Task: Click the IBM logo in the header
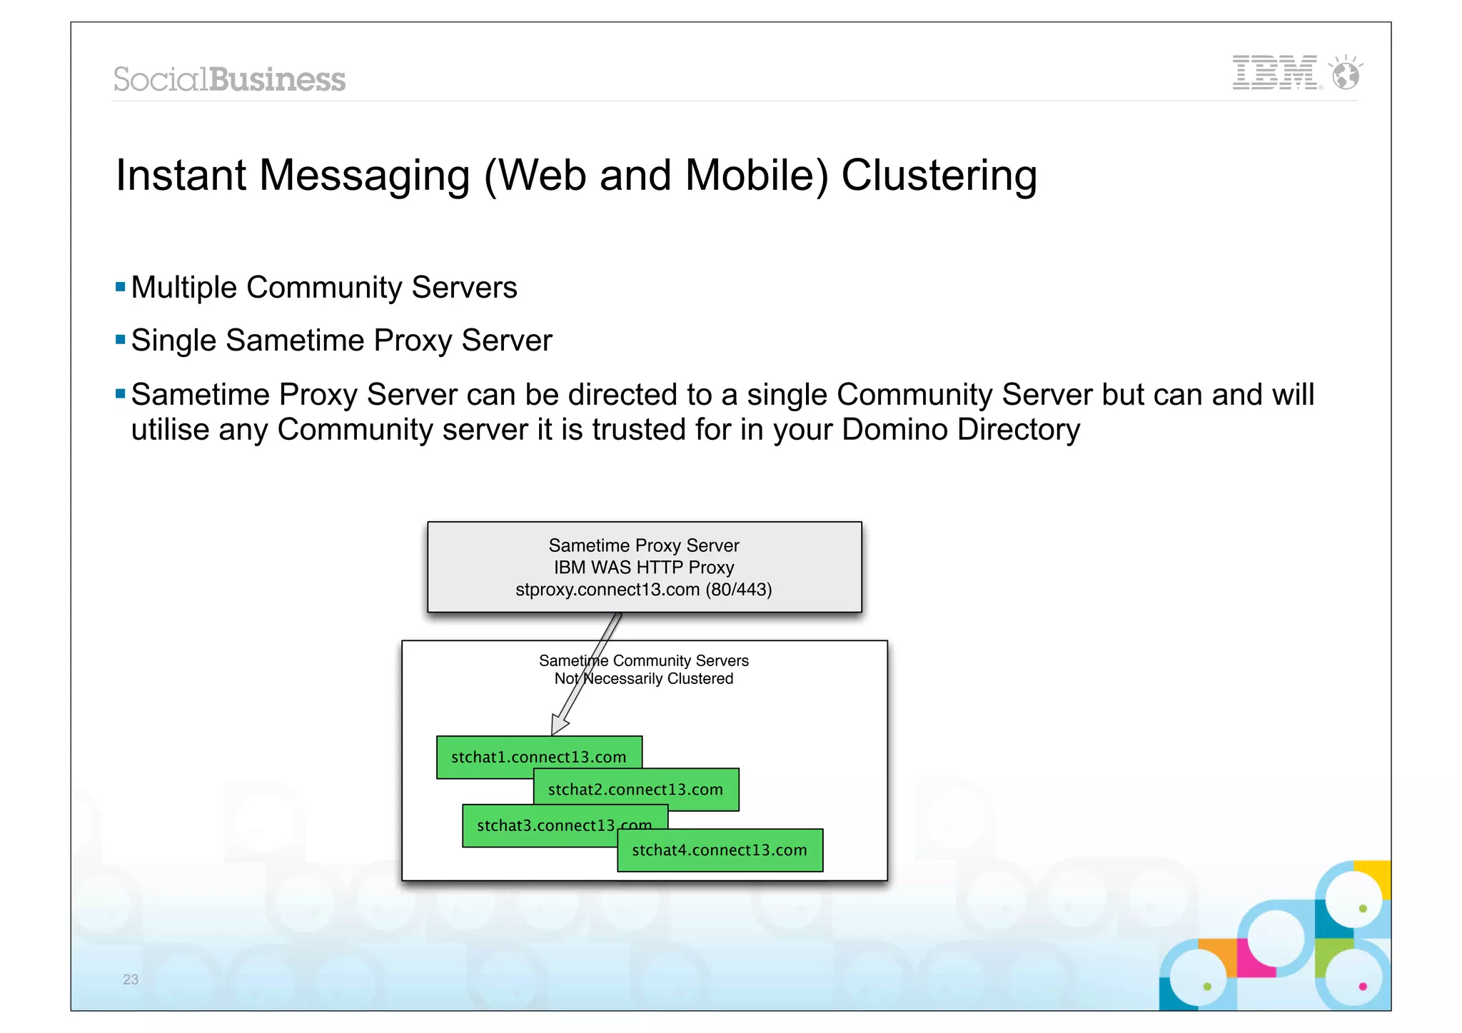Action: (x=1275, y=72)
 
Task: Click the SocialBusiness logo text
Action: (x=229, y=79)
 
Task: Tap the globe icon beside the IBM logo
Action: (x=1346, y=74)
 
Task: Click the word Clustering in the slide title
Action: (x=939, y=176)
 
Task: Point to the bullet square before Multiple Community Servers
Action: (x=120, y=288)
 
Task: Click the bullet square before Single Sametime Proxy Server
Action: (x=120, y=340)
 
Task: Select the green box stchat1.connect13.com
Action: (x=485, y=757)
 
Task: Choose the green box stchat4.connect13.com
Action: (x=720, y=850)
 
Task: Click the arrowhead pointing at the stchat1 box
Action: (x=559, y=725)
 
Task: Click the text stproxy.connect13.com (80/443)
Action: (x=644, y=590)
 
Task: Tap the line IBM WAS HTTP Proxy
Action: (x=644, y=568)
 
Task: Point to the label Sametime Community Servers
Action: (x=644, y=660)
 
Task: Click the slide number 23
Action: (x=131, y=979)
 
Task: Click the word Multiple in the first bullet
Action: (x=184, y=288)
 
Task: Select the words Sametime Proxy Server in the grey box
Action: (x=644, y=545)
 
